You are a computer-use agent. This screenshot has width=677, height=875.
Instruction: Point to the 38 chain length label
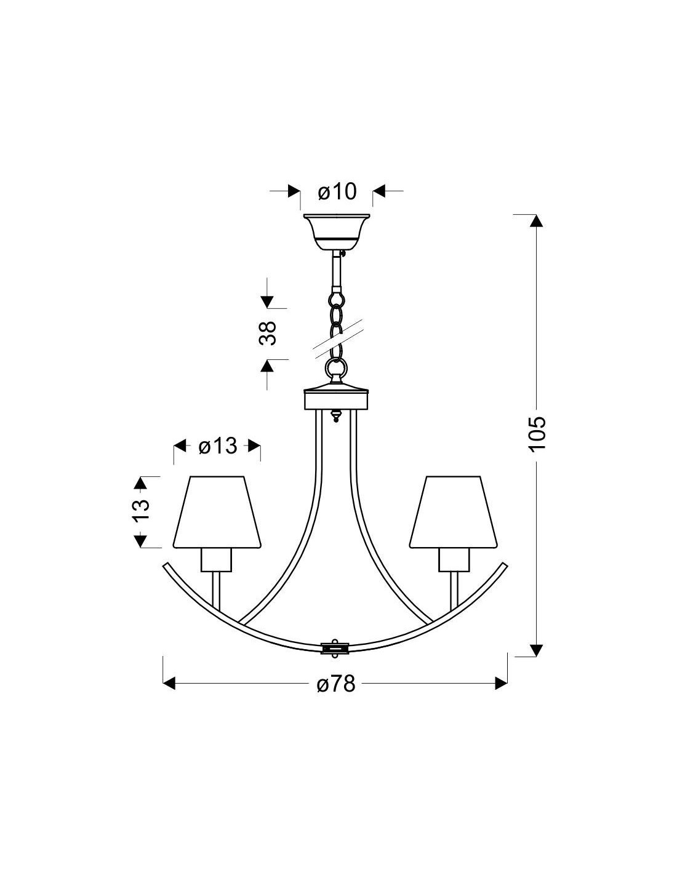[x=268, y=334]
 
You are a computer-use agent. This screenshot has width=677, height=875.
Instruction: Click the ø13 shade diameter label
[x=217, y=446]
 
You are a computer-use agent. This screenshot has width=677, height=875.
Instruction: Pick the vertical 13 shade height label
[x=140, y=511]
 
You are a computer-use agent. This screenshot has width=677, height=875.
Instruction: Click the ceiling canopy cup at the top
[x=336, y=231]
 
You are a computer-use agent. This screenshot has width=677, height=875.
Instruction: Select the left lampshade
[x=217, y=512]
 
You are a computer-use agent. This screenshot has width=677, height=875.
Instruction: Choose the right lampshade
[x=453, y=512]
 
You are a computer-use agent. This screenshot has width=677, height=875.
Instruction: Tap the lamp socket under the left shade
[x=217, y=559]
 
